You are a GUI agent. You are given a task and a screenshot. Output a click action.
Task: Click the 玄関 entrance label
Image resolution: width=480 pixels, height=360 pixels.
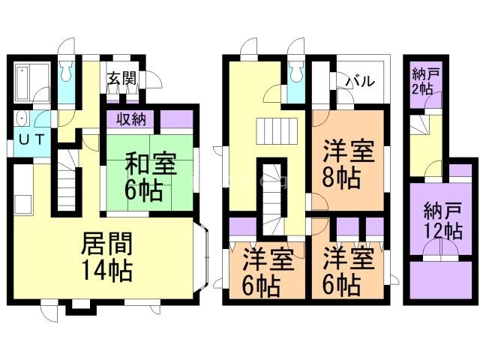coord(121,78)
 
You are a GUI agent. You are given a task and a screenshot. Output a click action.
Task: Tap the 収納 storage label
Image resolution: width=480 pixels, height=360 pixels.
coord(131,119)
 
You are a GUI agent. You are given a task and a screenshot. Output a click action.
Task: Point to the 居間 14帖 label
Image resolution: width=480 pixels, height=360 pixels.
coord(106,257)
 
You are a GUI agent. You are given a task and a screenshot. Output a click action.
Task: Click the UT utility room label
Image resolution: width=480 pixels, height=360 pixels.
coord(31,139)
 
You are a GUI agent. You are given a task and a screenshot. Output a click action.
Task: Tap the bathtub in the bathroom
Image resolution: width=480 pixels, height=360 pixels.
coord(23,82)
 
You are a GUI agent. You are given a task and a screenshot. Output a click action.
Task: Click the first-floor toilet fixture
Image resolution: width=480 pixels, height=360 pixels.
coord(66,73)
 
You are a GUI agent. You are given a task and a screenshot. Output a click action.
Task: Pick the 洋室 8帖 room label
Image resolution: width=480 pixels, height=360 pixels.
coord(349,163)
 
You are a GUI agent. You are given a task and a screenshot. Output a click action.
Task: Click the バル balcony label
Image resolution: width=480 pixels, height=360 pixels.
coord(360,82)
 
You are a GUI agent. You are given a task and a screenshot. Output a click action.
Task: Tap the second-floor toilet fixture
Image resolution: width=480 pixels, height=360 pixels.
coord(296,73)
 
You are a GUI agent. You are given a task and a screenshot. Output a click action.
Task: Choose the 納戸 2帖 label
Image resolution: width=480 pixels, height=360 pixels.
coord(426,82)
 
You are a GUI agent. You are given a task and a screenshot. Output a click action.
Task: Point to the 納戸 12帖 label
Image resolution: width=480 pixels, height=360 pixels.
coord(442,222)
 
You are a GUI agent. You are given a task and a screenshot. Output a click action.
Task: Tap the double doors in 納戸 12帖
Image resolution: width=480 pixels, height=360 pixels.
coord(441,247)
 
